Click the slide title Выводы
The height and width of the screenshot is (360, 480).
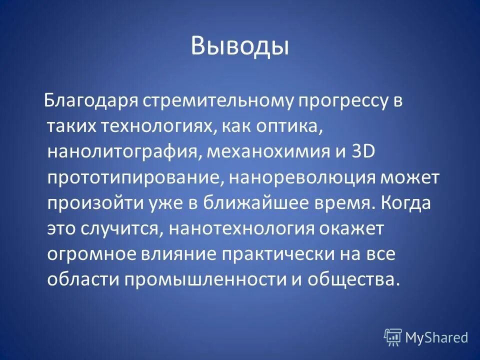[x=239, y=46]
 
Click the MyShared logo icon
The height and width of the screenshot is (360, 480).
[x=393, y=337]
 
